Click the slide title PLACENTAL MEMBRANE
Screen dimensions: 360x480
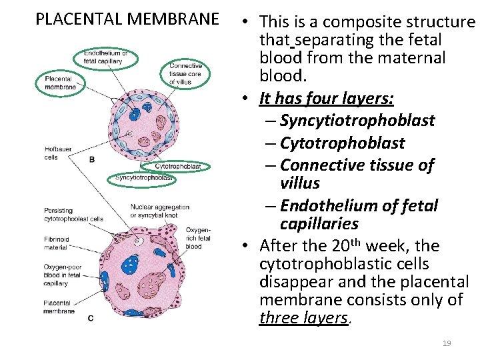tap(127, 18)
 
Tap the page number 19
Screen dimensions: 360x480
tap(447, 343)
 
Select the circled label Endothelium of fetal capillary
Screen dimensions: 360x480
tap(110, 57)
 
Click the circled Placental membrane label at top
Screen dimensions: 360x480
tap(60, 83)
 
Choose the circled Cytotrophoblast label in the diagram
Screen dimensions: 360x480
tap(178, 166)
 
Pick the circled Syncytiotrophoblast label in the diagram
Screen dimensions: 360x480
tap(143, 178)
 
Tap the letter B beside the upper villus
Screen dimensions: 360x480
tap(91, 159)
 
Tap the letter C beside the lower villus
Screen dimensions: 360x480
tap(90, 318)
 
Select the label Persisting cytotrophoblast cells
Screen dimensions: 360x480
tap(73, 215)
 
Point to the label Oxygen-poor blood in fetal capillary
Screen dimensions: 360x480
tap(65, 275)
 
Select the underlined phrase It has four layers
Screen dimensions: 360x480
tap(327, 99)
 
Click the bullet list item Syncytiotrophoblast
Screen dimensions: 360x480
tap(357, 121)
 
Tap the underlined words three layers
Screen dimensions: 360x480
tap(303, 318)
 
